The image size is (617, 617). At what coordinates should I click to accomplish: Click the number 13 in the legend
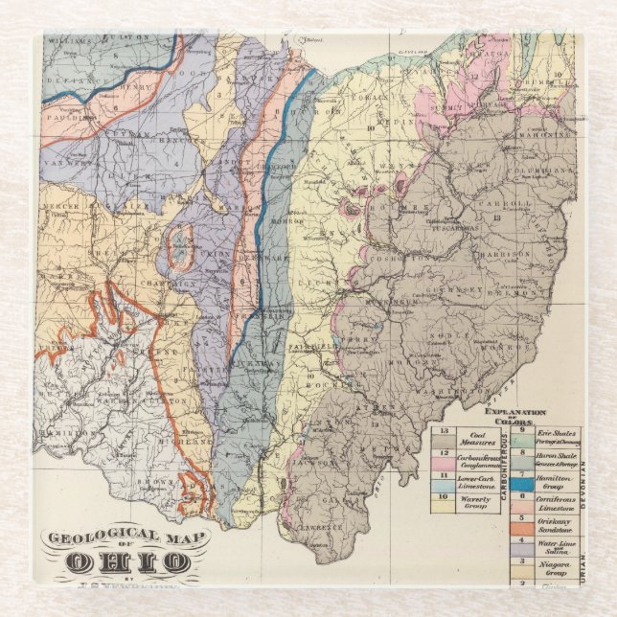[x=444, y=432]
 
